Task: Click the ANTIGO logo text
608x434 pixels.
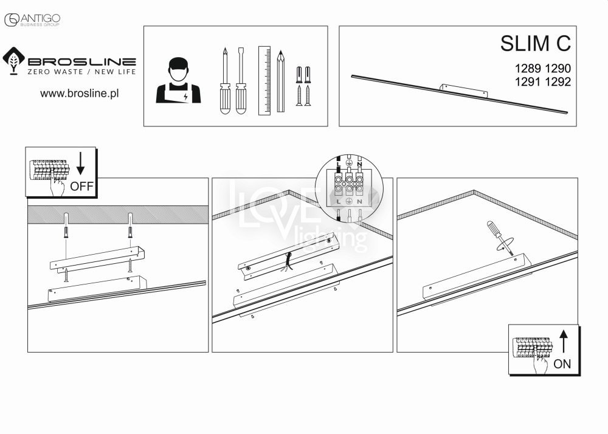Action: [40, 18]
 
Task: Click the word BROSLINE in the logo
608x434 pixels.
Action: [82, 61]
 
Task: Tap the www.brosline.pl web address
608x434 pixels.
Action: [80, 94]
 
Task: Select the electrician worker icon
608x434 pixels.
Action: [178, 80]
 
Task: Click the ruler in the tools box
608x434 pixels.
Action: [264, 81]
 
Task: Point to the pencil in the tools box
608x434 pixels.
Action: [281, 81]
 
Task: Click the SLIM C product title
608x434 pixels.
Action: [536, 43]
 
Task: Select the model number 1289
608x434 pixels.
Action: [528, 68]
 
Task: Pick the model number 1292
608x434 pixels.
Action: [558, 82]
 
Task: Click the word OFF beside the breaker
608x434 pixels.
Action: [82, 187]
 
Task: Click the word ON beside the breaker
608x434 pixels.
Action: [562, 364]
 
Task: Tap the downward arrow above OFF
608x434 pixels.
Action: [80, 164]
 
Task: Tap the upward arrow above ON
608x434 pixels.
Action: [564, 341]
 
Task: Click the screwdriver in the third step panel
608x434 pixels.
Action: [500, 237]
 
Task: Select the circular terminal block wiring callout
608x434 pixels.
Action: [350, 190]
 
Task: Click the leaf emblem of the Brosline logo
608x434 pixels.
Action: [14, 61]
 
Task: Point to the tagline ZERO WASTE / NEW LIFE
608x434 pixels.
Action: [82, 72]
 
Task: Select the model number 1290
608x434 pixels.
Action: [558, 68]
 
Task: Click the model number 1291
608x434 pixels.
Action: [528, 82]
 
